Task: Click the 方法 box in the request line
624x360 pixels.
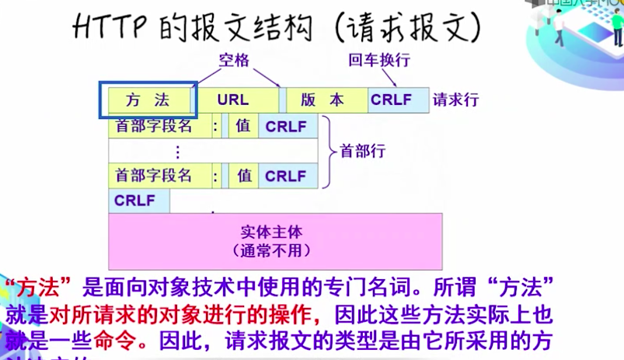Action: coord(148,100)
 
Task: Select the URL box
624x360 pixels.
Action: coord(233,100)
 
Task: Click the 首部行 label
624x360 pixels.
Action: coord(362,150)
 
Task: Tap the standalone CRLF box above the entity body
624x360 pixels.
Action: coord(135,201)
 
